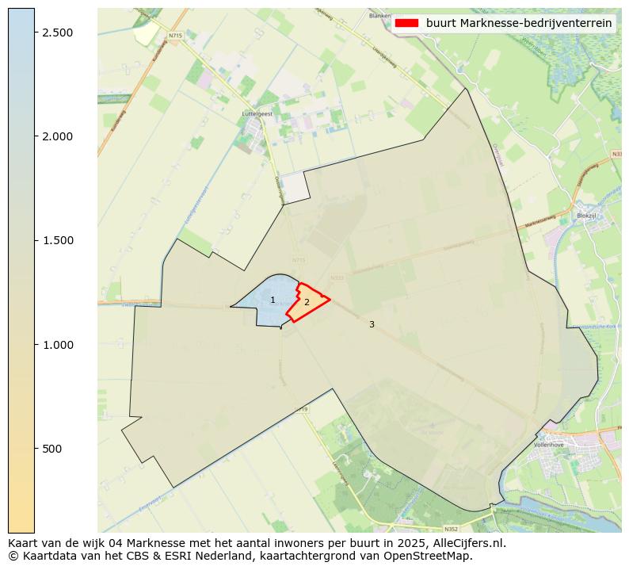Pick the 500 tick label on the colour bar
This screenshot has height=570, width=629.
52,449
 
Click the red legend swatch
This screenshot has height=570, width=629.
406,23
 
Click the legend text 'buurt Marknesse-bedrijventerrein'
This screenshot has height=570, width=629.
519,23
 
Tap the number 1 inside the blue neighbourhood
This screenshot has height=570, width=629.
273,300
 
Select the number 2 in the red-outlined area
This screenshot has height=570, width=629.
307,302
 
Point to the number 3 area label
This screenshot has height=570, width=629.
372,324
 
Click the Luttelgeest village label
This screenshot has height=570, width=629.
257,114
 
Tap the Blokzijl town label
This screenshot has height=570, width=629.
587,216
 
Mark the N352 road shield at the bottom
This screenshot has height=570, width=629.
451,529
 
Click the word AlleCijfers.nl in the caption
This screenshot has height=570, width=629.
463,544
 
